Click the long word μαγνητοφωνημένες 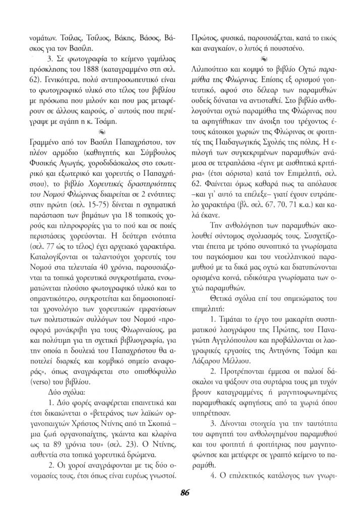pyautogui.click(x=302, y=404)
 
